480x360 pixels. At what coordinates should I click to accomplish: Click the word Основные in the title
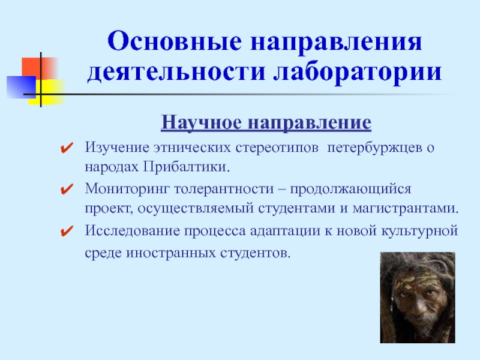click(x=175, y=41)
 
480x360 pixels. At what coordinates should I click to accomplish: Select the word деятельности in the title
click(x=176, y=73)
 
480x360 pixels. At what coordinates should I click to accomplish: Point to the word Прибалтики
click(x=186, y=167)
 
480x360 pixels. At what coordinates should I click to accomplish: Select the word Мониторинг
click(x=127, y=189)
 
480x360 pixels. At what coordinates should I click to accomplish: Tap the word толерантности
click(x=224, y=189)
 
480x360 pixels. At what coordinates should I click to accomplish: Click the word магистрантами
click(x=406, y=209)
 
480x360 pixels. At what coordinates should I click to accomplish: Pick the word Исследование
click(x=132, y=231)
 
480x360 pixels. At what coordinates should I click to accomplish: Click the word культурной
click(x=419, y=232)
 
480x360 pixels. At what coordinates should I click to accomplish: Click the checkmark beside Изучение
click(x=67, y=148)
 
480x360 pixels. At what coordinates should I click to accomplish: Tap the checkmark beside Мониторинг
click(x=67, y=189)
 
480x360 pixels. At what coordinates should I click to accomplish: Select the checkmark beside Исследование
click(x=67, y=231)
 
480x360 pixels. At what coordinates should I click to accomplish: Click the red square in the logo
click(x=38, y=68)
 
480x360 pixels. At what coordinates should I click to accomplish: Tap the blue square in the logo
click(x=22, y=87)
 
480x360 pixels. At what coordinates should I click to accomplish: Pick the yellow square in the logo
click(x=49, y=92)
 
